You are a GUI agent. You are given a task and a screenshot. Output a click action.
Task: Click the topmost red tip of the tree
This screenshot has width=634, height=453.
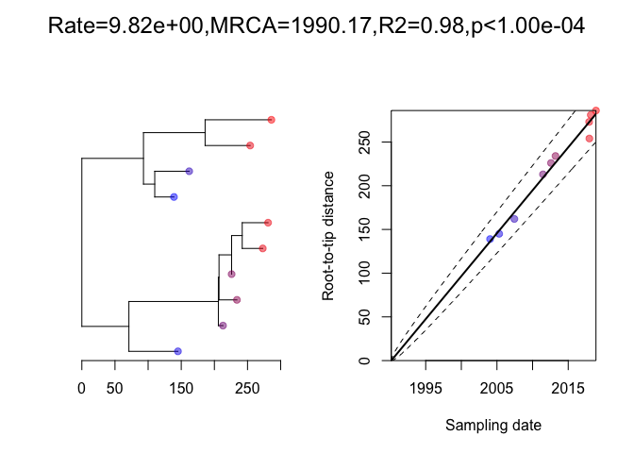coord(271,120)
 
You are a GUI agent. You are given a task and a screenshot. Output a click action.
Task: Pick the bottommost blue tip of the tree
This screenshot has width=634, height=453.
coord(177,351)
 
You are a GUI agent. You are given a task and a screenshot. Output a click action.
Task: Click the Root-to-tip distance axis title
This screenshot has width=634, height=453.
coord(328,236)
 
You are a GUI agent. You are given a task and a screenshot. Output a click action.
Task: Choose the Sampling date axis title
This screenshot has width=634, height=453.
coord(493,426)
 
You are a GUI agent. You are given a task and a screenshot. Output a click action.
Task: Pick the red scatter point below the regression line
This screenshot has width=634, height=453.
coord(589,139)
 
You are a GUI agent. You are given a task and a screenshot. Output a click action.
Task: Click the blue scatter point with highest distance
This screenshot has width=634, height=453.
coord(513,219)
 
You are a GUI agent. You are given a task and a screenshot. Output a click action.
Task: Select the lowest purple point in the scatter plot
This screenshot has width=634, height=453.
coord(542,174)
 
